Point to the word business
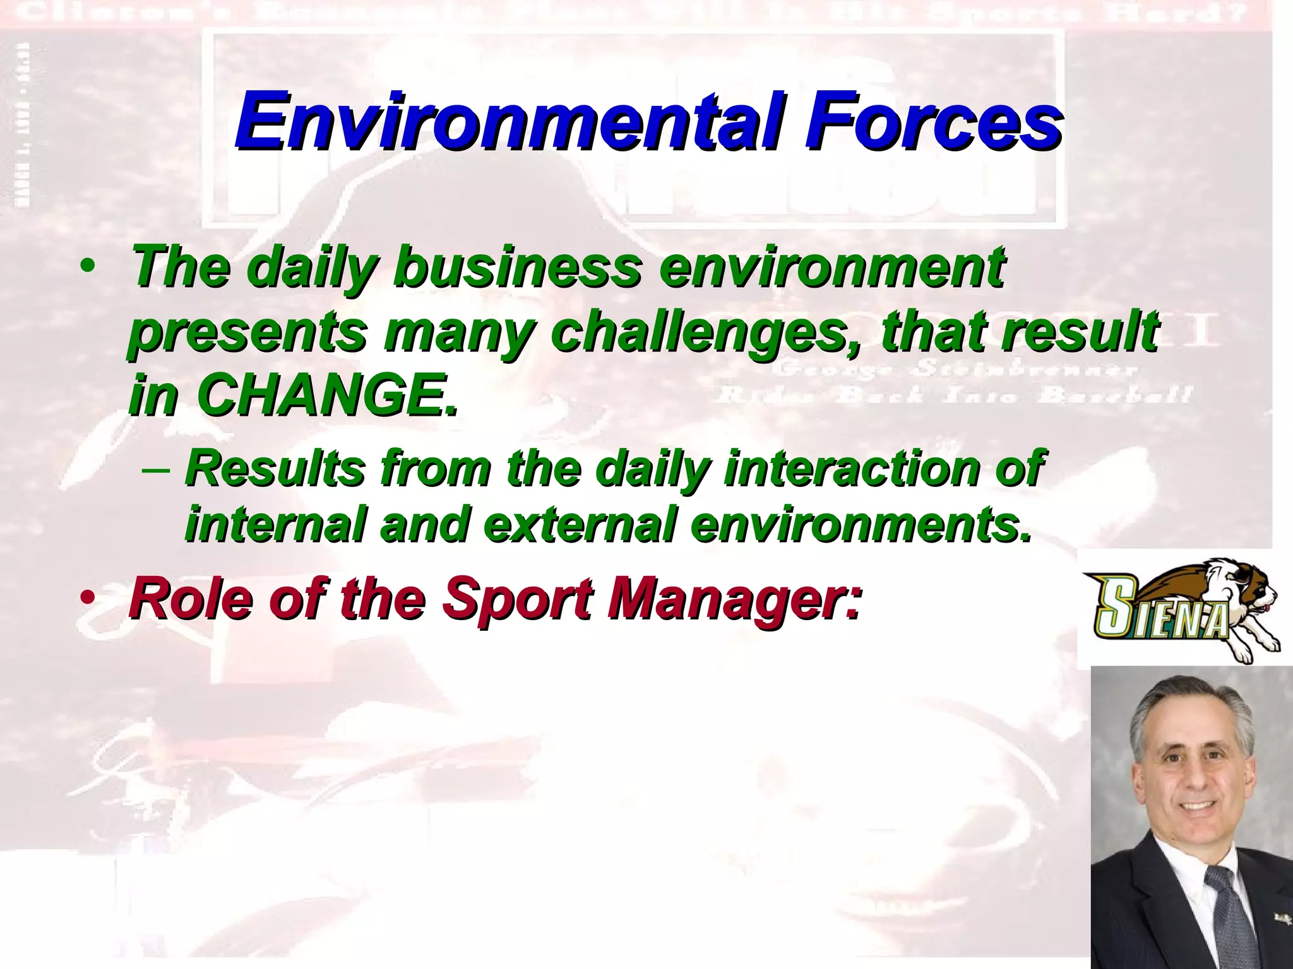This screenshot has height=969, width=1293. [x=518, y=267]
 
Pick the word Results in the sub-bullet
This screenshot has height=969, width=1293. [x=275, y=468]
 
